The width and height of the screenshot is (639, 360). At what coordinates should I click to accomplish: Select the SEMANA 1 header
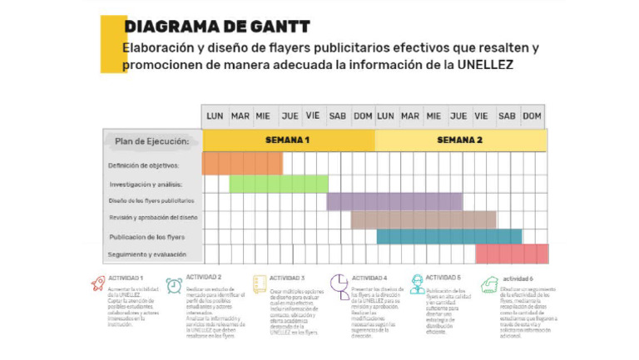coord(288,141)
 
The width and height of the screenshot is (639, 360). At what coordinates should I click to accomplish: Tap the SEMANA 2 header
coord(459,141)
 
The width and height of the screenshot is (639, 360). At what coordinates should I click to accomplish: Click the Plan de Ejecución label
coord(151,141)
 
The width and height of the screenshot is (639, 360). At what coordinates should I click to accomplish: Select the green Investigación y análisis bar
coord(279,184)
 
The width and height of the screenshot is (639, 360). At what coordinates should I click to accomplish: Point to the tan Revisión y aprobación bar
coord(423,219)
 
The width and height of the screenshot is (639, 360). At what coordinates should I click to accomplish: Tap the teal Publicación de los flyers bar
coord(448,237)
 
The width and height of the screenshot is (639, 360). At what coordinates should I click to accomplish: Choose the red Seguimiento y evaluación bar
coord(512,254)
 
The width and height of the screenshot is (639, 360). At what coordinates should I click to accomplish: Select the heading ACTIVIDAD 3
coord(287,278)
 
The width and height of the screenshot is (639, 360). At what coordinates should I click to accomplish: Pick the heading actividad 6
coord(517,279)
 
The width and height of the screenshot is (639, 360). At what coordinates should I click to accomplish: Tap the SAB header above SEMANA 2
coord(507,116)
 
